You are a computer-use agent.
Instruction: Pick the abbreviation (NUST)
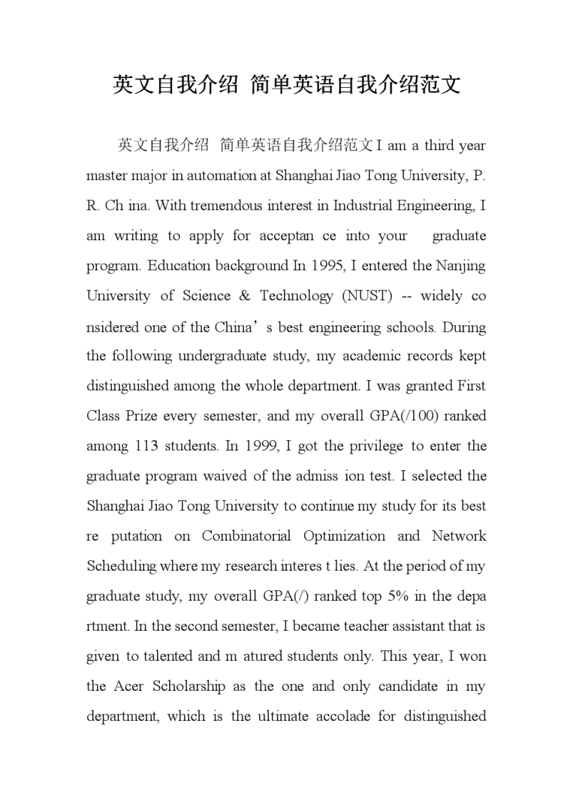click(367, 296)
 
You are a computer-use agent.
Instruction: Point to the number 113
click(147, 446)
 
